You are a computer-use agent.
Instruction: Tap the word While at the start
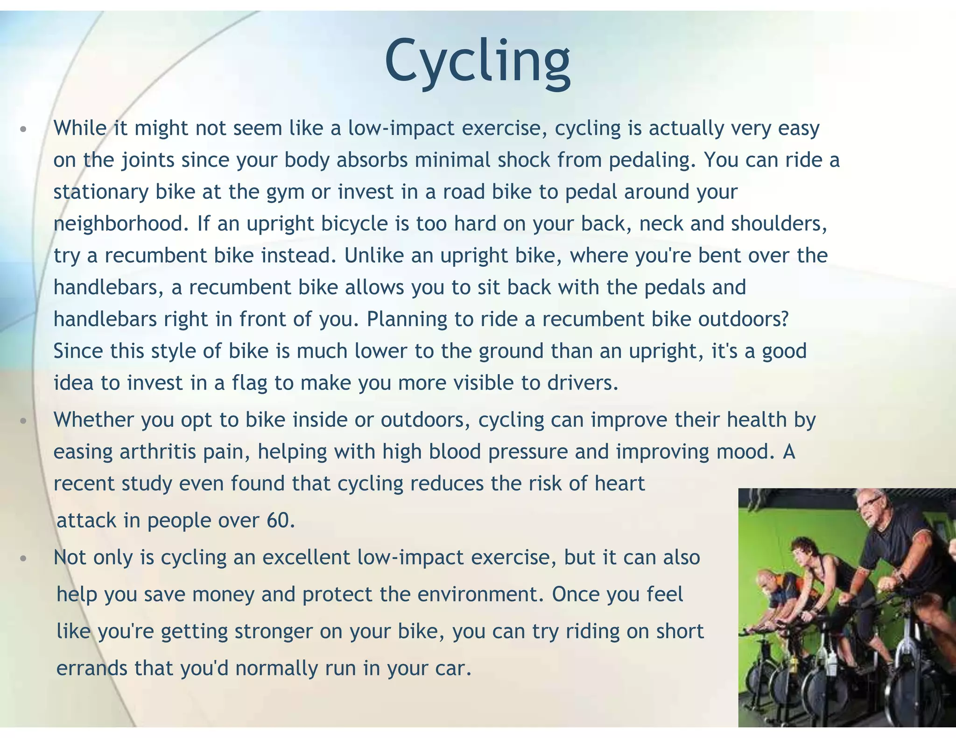coord(80,128)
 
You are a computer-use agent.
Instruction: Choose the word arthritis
coord(158,452)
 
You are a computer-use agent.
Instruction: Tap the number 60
coord(280,521)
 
